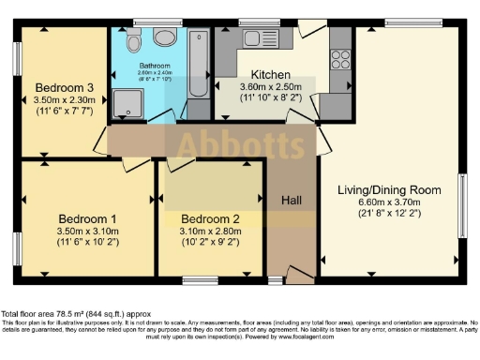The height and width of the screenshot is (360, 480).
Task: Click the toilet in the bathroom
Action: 134,39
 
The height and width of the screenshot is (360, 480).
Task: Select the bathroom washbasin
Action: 166,37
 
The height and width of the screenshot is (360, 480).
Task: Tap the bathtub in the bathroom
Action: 198,60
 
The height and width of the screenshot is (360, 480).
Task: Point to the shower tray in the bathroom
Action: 126,104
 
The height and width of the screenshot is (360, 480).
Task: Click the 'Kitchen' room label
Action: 269,75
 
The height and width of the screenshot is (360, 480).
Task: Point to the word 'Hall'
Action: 292,200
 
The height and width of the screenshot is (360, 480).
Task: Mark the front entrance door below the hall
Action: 300,273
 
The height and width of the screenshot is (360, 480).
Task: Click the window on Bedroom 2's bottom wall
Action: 200,279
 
